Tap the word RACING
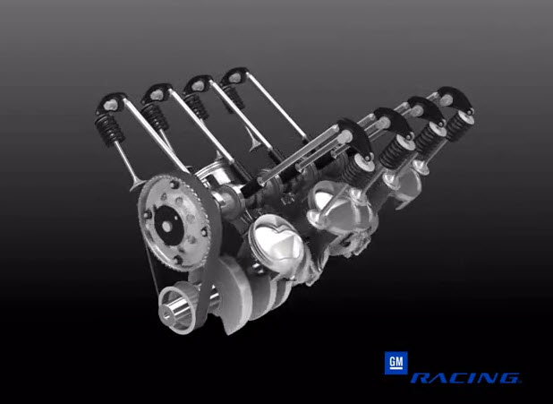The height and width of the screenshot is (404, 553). click(464, 378)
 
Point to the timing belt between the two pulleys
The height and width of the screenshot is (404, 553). click(154, 269)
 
